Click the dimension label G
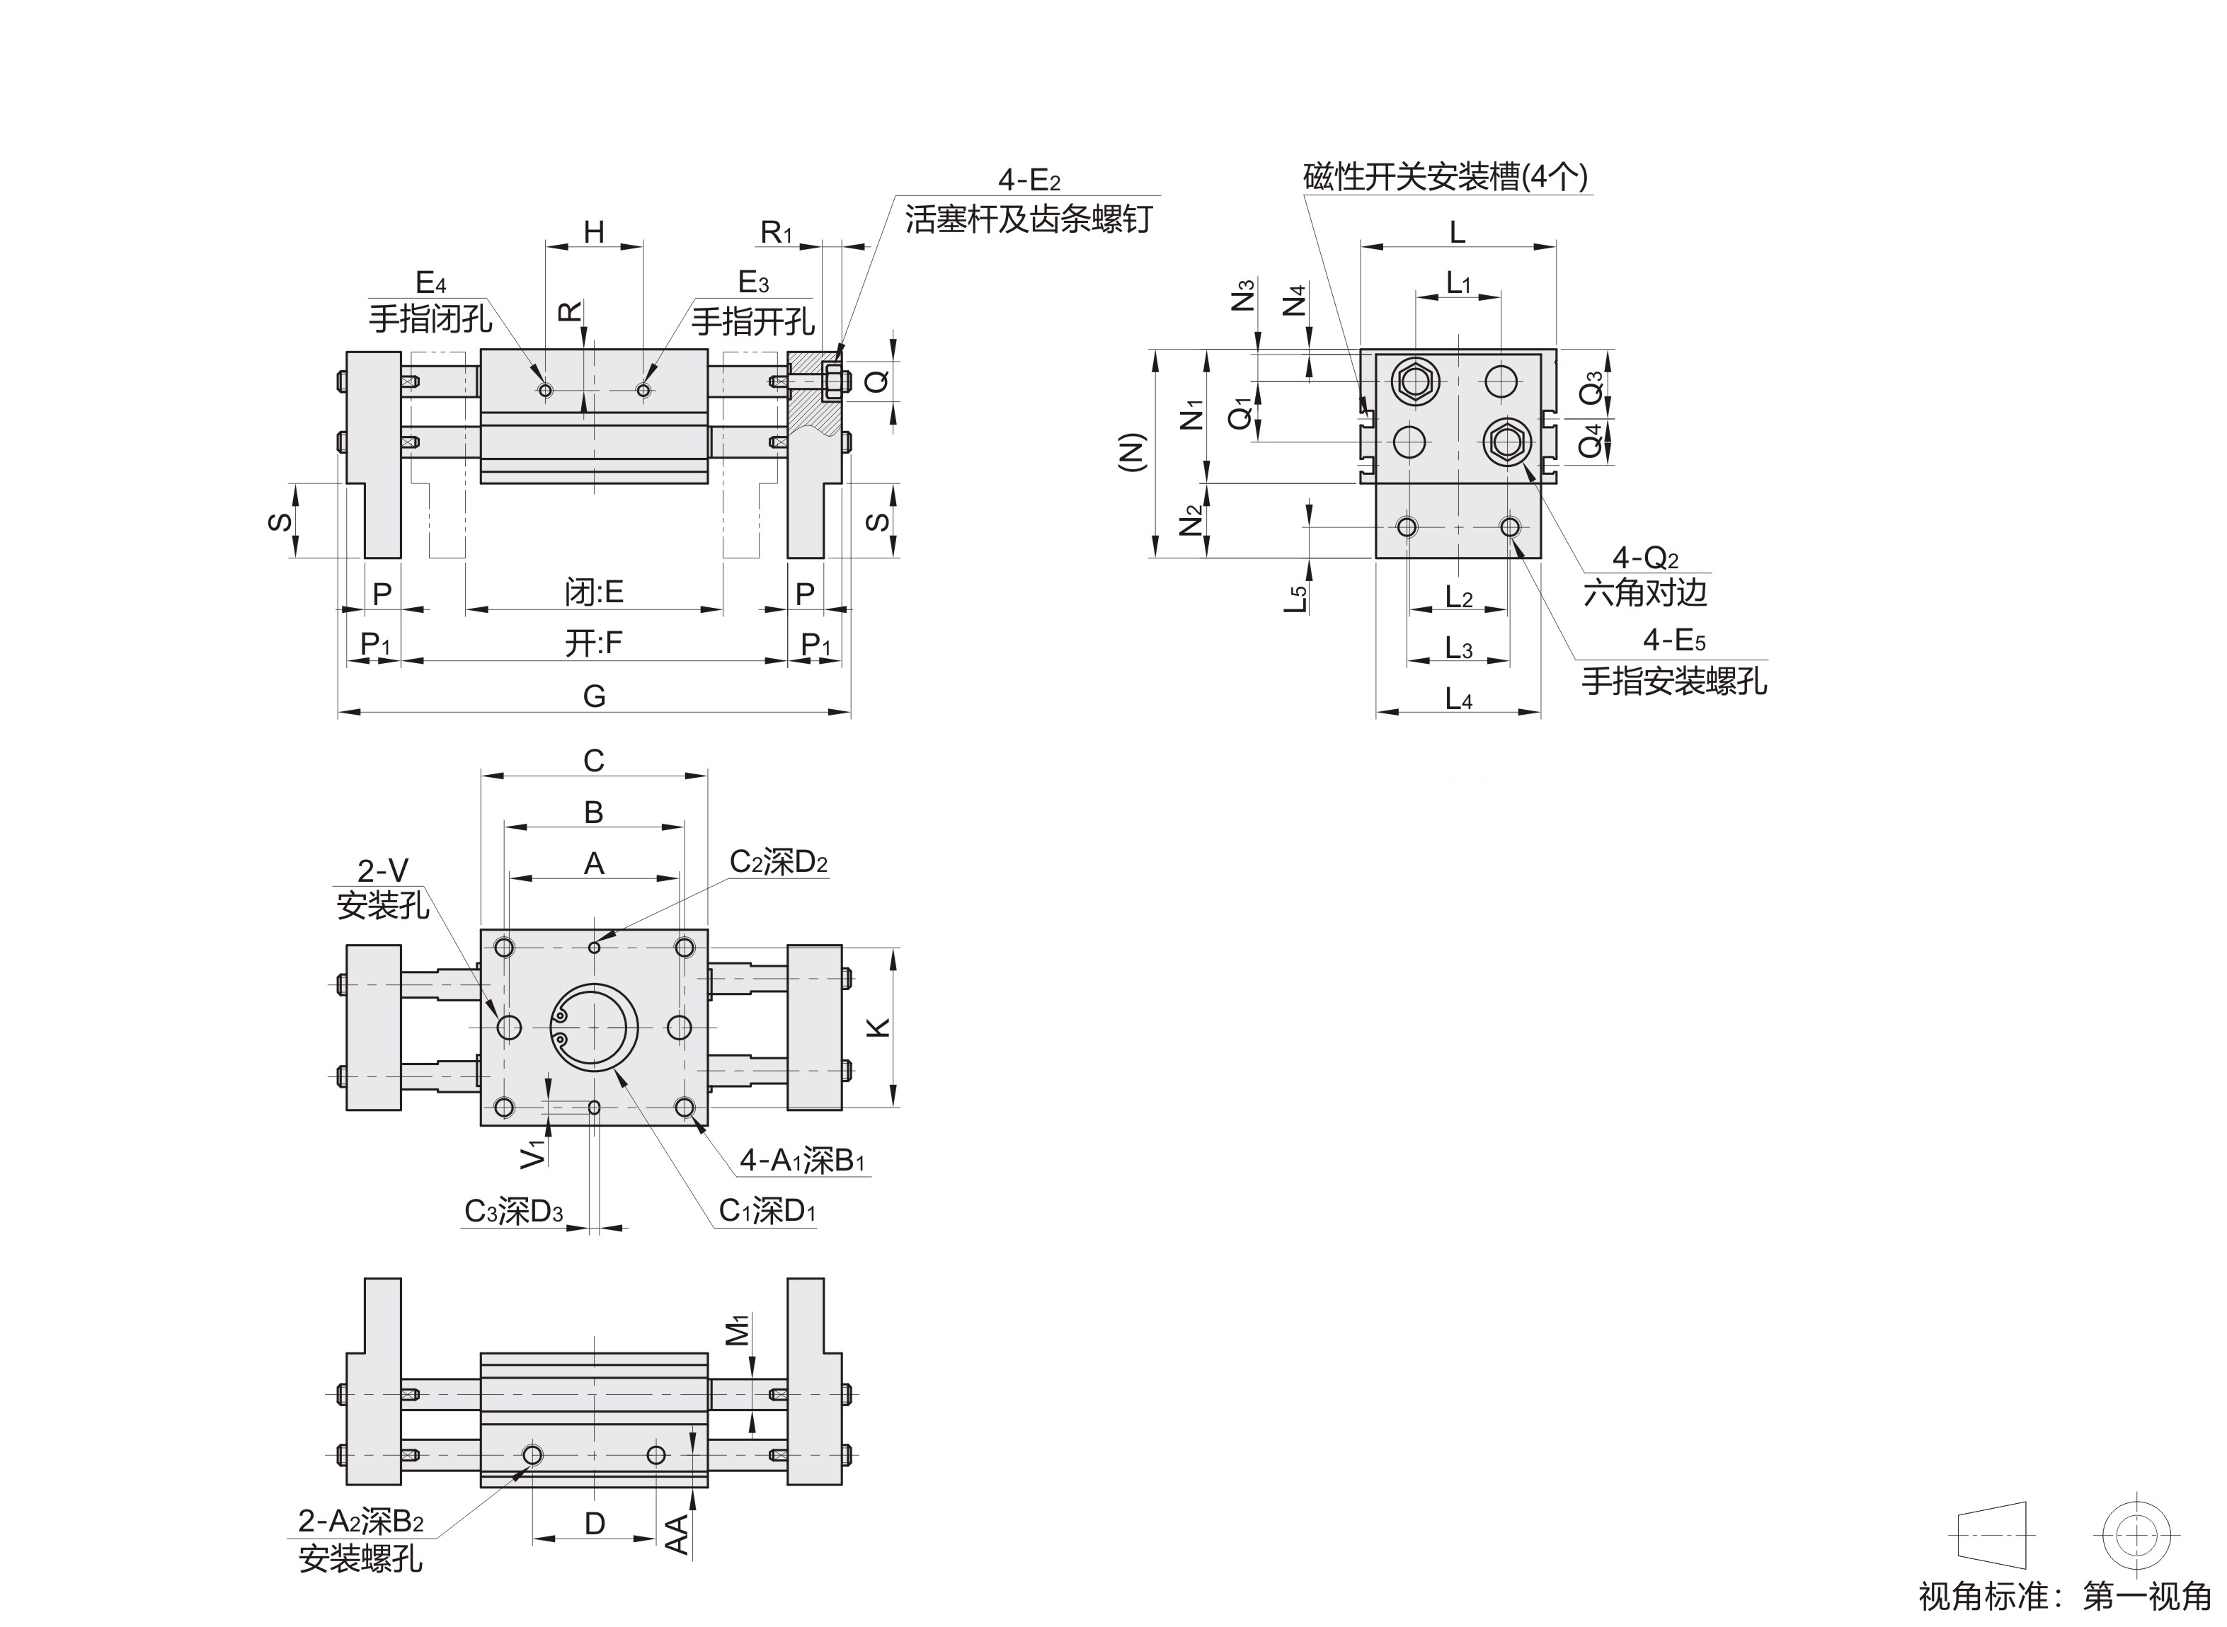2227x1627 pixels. pos(594,696)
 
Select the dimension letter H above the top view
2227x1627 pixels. pos(594,232)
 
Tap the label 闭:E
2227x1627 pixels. pos(594,592)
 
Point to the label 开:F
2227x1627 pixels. pos(594,643)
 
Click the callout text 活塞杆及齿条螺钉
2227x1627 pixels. pos(1027,219)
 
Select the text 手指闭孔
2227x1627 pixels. pos(430,319)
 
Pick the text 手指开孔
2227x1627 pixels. pos(752,321)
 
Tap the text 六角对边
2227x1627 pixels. pos(1645,593)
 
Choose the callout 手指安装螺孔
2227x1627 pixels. pos(1674,681)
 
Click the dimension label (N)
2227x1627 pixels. pos(1134,453)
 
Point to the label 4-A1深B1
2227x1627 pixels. pos(802,1161)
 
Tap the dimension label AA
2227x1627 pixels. pos(677,1534)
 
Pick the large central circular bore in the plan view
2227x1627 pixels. pos(594,1027)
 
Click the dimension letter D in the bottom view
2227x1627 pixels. pos(594,1524)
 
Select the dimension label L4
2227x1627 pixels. pos(1459,699)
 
